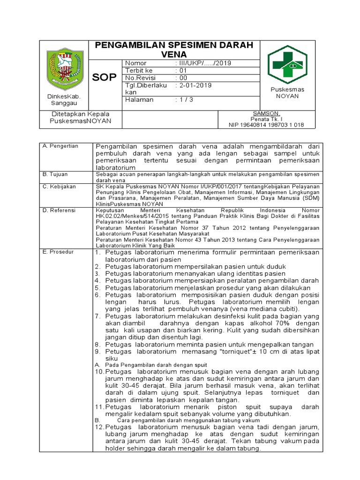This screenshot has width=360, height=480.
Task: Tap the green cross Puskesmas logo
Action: (x=287, y=65)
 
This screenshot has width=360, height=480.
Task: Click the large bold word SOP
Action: (x=104, y=78)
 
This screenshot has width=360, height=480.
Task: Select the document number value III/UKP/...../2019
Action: (x=203, y=63)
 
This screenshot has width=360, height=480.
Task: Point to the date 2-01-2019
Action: (x=193, y=85)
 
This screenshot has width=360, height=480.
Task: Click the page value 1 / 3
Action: (x=183, y=100)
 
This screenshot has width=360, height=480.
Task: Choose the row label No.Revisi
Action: (x=140, y=78)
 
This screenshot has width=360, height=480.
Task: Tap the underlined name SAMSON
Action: (x=266, y=114)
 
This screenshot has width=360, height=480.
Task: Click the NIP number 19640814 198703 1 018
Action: (x=266, y=125)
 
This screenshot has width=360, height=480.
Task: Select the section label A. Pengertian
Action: (x=60, y=146)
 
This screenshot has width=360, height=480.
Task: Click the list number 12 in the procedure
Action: (x=99, y=427)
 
